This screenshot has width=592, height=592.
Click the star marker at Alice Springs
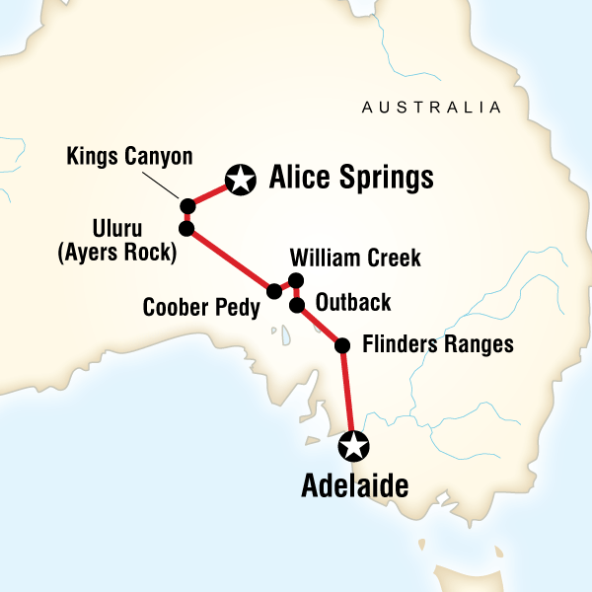click(x=239, y=180)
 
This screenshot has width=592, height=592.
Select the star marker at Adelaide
click(x=352, y=446)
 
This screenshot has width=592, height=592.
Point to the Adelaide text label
click(x=353, y=485)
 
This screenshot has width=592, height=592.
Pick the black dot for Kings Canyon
click(x=186, y=205)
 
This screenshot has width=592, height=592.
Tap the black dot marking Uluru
click(x=185, y=229)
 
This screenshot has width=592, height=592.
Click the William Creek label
click(x=355, y=259)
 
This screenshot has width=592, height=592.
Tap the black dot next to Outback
click(x=296, y=305)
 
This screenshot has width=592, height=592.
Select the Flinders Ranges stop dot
click(x=342, y=345)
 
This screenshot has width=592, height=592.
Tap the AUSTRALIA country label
click(x=431, y=107)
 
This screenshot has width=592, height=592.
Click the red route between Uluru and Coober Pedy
click(x=229, y=259)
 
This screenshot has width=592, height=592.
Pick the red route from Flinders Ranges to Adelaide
click(x=347, y=395)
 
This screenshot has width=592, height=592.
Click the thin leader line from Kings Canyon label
click(x=166, y=185)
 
